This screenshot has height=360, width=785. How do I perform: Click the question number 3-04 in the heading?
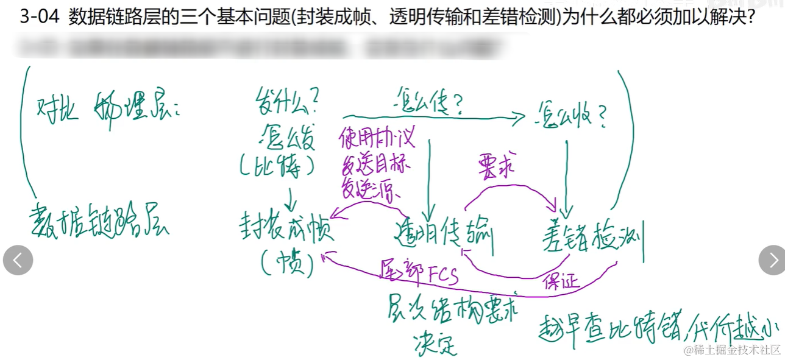[x=40, y=16]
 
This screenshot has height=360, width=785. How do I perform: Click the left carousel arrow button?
[x=18, y=261]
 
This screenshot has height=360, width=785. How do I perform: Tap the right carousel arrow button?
[x=772, y=261]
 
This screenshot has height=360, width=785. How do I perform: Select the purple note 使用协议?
[x=377, y=138]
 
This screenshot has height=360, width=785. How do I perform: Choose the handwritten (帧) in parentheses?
[x=286, y=264]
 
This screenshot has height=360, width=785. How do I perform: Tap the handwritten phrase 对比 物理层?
[x=110, y=110]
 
